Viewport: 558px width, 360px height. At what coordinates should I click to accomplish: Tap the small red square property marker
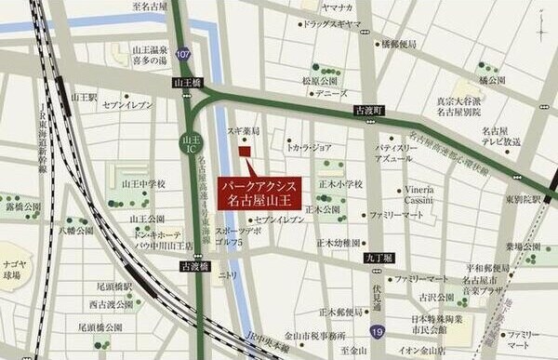(244, 152)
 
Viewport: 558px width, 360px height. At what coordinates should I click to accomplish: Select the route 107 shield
(184, 57)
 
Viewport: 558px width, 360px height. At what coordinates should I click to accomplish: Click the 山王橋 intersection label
(187, 83)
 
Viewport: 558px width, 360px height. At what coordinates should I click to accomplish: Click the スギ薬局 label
(242, 132)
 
